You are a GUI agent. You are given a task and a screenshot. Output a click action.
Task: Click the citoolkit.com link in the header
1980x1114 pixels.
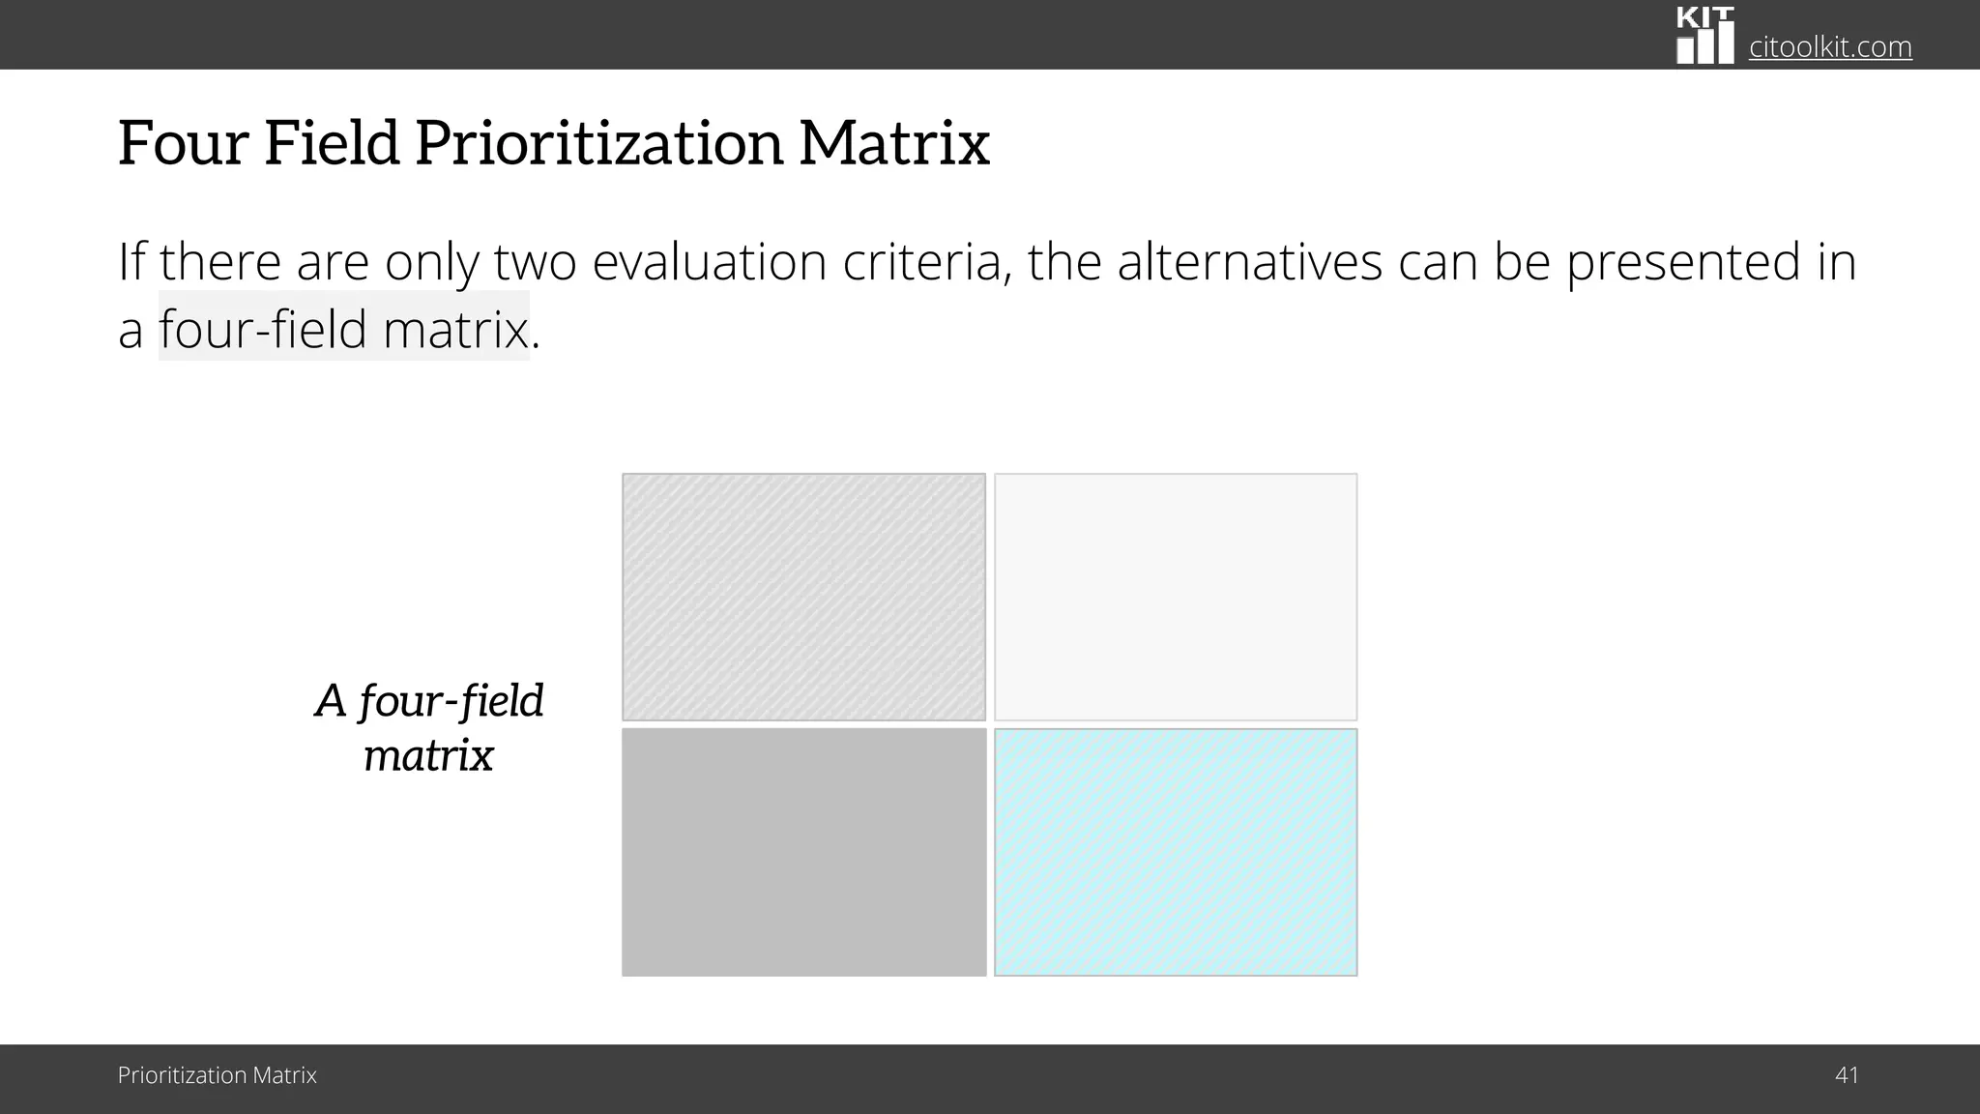(1829, 46)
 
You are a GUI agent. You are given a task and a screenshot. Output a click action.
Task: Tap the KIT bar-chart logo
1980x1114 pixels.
(1704, 36)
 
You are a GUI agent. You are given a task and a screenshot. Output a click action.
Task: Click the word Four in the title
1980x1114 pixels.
(183, 143)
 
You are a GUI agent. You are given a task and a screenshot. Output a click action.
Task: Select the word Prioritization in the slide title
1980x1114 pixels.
(598, 143)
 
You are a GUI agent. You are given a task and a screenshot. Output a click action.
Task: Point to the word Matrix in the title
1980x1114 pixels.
(894, 143)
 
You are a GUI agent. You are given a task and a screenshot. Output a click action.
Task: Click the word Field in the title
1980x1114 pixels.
(332, 143)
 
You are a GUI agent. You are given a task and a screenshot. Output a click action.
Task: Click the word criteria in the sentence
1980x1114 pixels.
(927, 262)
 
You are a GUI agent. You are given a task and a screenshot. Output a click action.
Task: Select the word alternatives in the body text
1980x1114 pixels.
(1249, 262)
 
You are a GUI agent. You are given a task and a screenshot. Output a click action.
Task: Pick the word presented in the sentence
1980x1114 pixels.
(1683, 262)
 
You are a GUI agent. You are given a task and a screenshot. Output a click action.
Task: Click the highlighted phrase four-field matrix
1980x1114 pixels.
(344, 329)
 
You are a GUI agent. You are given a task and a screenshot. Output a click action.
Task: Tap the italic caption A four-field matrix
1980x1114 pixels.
(429, 727)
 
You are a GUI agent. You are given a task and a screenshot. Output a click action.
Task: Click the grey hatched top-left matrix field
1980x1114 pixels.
(803, 597)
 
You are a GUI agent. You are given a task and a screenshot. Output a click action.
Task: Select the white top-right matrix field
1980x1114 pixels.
(1176, 597)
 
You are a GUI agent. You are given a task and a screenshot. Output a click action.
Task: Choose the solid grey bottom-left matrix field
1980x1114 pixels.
(803, 852)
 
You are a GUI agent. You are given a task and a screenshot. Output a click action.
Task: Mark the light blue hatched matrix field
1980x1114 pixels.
(1176, 852)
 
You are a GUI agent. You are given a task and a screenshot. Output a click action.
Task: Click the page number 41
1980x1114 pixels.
(1846, 1075)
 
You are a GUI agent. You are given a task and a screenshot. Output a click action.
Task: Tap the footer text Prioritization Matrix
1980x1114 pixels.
(217, 1075)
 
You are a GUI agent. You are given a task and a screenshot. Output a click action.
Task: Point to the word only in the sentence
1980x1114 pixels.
(430, 262)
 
